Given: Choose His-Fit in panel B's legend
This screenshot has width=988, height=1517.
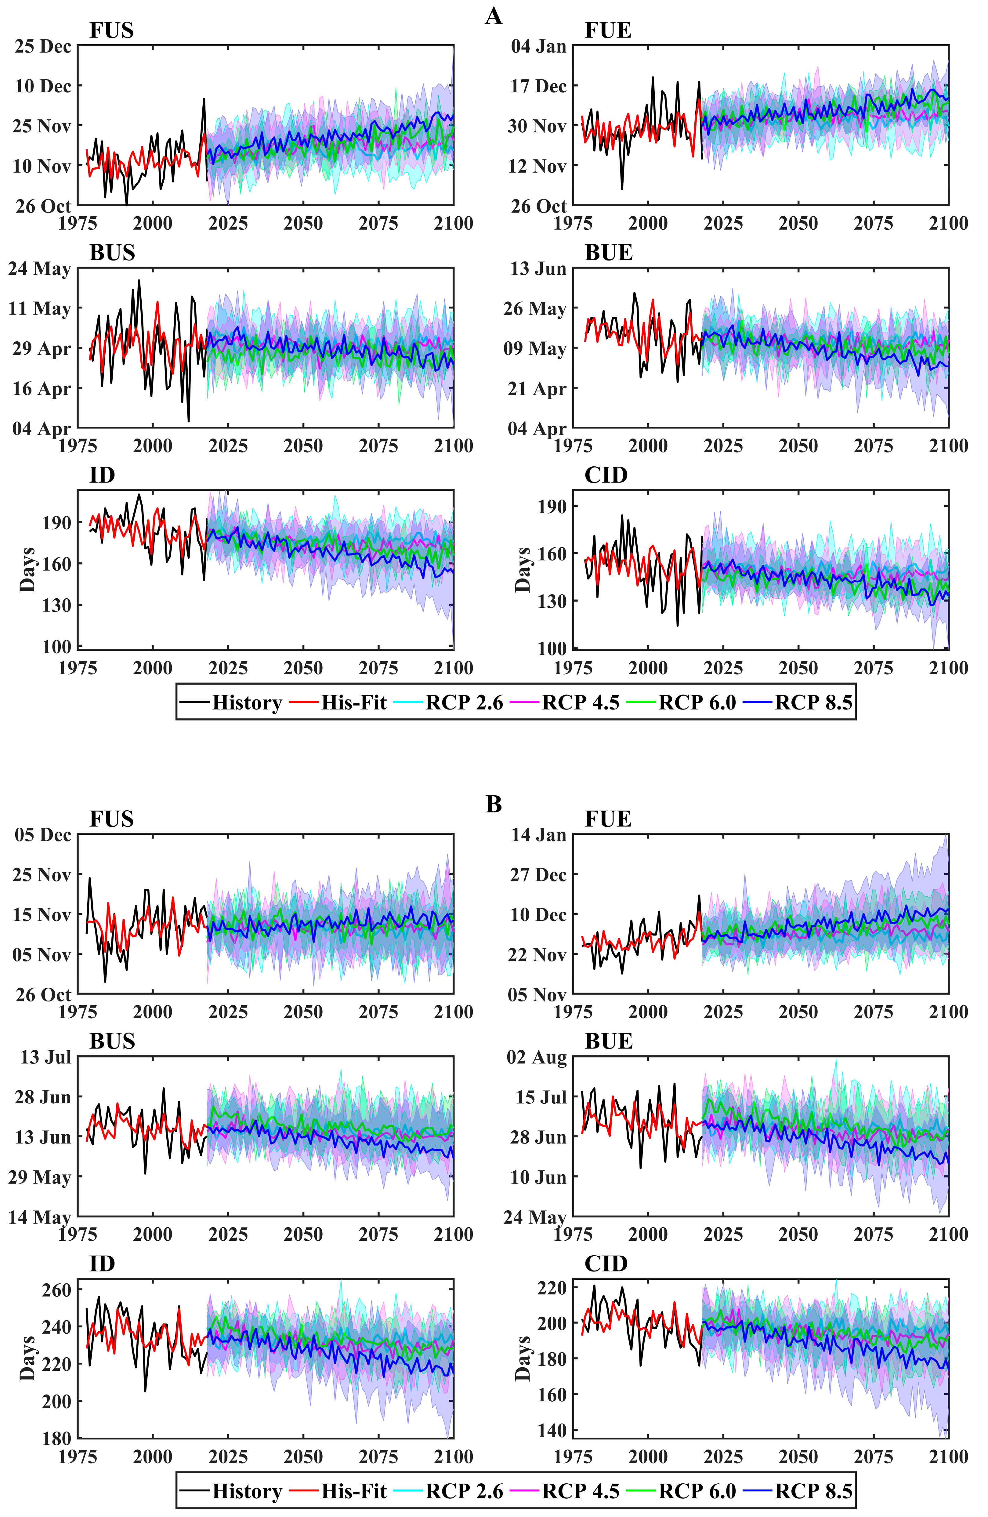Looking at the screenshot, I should pyautogui.click(x=353, y=1492).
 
